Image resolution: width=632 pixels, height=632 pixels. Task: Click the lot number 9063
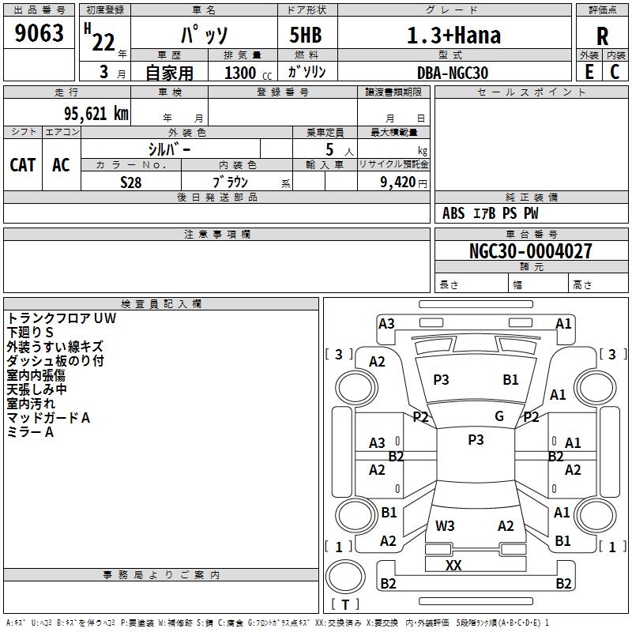coord(39,35)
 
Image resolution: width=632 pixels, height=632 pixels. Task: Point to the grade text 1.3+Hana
coord(453,36)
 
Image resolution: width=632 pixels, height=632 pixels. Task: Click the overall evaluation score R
coord(602,36)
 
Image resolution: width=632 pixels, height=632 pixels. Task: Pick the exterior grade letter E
coord(589,71)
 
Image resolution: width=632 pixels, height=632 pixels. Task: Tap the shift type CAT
coord(23,164)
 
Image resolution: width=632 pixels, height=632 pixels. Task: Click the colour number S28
coord(130,182)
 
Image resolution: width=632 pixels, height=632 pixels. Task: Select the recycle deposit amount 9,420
coord(397,182)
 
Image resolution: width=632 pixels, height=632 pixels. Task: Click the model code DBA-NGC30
coord(453,72)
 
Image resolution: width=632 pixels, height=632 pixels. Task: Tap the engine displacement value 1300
coord(240,72)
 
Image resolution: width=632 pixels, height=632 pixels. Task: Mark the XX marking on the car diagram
coord(453,565)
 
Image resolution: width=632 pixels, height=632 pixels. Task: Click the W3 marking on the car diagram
coord(445,525)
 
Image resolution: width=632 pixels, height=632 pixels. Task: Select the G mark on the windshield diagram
coord(498,416)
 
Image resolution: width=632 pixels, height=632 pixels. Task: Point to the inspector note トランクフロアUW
coord(62,318)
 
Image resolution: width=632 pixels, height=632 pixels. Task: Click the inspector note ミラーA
coord(30,432)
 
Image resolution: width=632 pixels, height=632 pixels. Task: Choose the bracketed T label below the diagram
coord(344,604)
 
